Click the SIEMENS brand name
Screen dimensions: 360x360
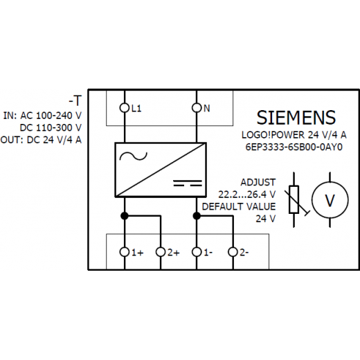coord(296,118)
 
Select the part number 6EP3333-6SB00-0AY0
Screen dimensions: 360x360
coord(294,147)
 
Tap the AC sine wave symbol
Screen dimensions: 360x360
coord(134,156)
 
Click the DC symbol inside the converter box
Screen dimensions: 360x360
coord(188,183)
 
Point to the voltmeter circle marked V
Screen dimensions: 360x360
coord(330,200)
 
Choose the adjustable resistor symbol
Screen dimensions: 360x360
coord(296,199)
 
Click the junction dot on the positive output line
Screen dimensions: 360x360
coord(125,216)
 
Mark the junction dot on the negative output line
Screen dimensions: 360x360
coord(197,216)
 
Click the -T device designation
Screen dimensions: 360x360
coord(75,100)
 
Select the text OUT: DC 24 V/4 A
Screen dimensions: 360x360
coord(41,140)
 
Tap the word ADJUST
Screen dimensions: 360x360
coord(258,182)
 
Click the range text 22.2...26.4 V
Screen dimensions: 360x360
coord(247,195)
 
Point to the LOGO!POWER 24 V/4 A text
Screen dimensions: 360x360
coord(294,135)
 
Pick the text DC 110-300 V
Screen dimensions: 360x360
coord(51,127)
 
